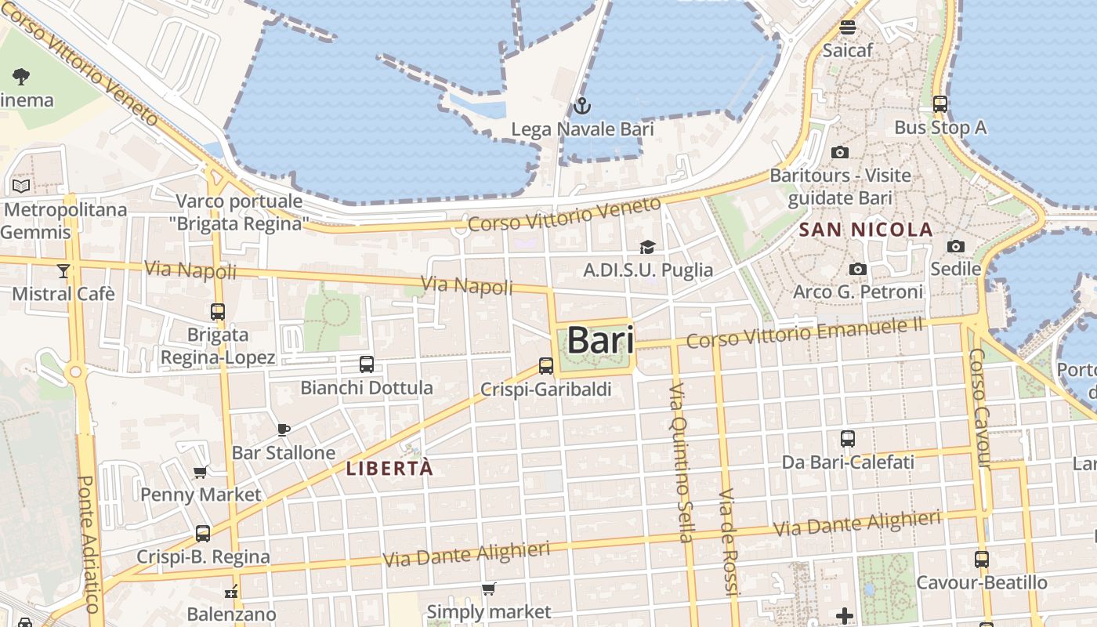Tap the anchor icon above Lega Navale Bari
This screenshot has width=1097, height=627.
[581, 106]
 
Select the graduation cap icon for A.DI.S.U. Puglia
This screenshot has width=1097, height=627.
[647, 248]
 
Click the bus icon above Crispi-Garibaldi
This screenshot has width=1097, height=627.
[546, 365]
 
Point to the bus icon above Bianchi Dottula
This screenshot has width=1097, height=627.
[366, 364]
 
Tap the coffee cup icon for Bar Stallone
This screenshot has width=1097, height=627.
[284, 429]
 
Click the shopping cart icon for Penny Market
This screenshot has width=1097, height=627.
[200, 472]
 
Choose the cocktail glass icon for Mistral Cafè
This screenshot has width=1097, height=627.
[63, 271]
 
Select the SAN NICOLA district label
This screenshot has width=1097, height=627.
[866, 230]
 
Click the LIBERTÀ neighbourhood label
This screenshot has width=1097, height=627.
[389, 469]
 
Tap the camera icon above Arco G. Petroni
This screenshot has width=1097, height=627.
[858, 270]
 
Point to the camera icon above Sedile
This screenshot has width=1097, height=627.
[955, 247]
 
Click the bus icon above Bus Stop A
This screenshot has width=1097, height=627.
[940, 103]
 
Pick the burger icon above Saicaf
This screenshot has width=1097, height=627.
[847, 27]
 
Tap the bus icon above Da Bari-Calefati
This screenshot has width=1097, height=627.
[847, 439]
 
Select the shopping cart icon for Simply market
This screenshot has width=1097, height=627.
[489, 589]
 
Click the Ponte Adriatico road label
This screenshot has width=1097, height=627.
[89, 543]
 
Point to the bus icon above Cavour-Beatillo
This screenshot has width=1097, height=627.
[982, 560]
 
